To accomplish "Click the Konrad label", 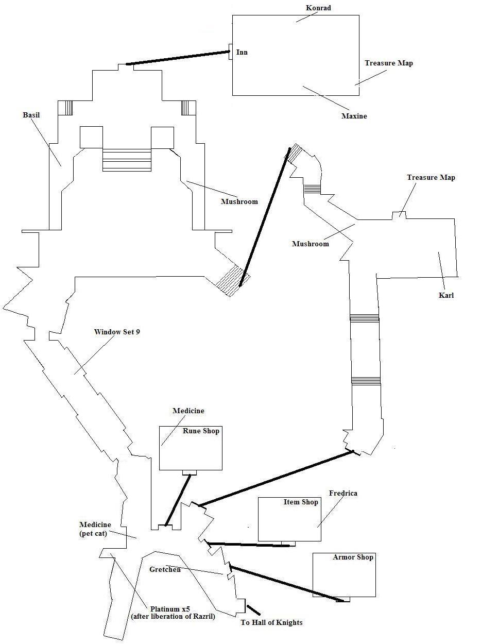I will point(318,8).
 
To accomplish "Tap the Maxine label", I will point(354,116).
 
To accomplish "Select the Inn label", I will point(242,52).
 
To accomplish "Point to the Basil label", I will point(31,115).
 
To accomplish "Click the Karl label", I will point(446,296).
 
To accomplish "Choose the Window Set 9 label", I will point(117,332).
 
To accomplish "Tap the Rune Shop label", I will point(201,431).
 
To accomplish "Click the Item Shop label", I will point(301,502).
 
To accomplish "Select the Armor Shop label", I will point(353,557).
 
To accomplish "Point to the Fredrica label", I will point(342,493).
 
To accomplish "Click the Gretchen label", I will point(165,569).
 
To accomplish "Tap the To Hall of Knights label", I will point(271,622).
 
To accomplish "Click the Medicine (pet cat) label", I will point(95,529).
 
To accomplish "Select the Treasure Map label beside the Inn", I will point(389,63).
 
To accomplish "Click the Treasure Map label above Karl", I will point(431,177).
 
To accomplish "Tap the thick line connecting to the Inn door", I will point(178,58).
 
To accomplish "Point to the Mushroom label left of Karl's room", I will point(310,244).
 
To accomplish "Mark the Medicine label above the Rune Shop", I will point(188,411).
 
